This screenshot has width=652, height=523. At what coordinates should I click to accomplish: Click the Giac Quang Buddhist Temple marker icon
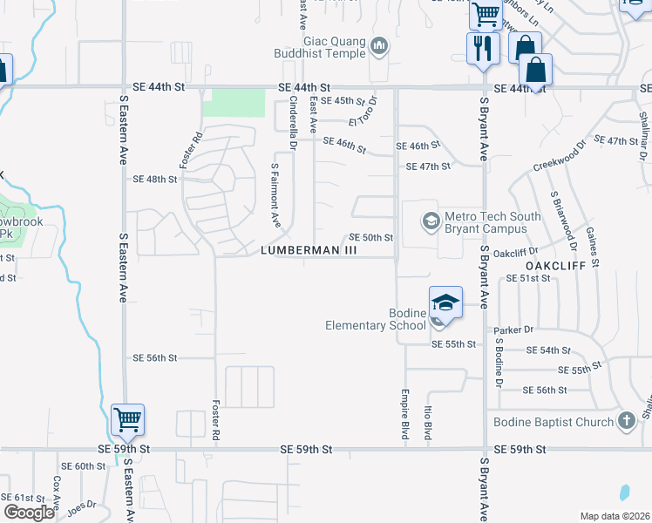coord(379,45)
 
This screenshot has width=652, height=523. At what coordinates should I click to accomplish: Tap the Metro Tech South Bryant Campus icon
coord(430,221)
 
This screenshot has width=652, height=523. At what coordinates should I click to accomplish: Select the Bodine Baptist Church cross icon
coord(625,422)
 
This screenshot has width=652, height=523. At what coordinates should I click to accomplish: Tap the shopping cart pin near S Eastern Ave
coord(128,422)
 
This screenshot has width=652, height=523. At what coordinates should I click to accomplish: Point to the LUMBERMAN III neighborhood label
coord(309,250)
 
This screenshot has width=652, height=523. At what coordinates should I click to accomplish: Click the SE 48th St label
coord(154,179)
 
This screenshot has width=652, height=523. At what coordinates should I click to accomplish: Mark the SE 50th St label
coord(371,237)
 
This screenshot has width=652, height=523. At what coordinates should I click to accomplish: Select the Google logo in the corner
coord(29,513)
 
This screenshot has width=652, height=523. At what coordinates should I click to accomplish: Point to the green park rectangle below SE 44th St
coord(234,103)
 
